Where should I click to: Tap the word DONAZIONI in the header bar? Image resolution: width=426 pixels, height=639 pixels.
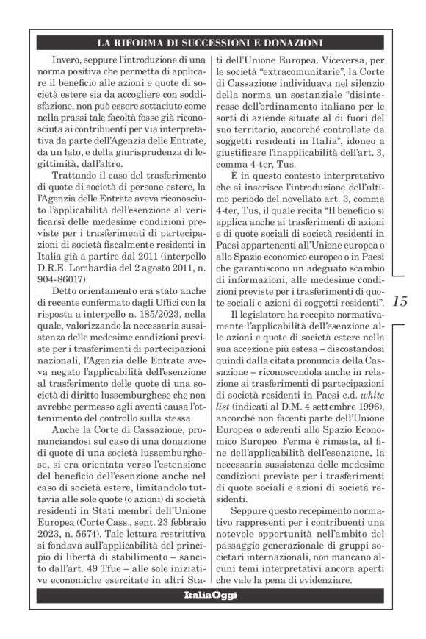[x=284, y=42]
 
